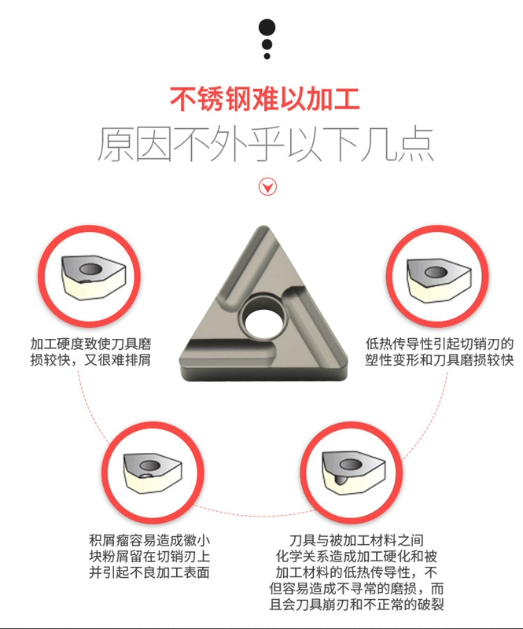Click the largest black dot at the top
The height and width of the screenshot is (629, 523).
pos(267,28)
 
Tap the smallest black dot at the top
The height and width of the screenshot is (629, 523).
pos(267,56)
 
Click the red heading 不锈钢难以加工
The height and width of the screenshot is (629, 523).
pos(265,99)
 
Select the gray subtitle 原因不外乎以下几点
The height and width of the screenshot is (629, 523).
pos(265,145)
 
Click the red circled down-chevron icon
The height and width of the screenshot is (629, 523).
pos(267,186)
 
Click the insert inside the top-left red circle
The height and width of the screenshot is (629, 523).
pos(93,278)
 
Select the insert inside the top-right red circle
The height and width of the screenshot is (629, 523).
pos(438,280)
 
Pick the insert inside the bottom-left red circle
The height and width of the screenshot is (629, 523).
pos(153,473)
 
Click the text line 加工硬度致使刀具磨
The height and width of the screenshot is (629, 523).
pos(90,344)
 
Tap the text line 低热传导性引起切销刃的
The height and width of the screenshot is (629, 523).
pos(440,344)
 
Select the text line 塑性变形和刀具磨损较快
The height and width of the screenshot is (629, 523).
pos(440,360)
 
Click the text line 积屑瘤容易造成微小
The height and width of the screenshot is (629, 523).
pos(149,540)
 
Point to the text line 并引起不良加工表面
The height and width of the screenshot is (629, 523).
pos(149,572)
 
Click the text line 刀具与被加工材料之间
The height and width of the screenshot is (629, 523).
pos(356,540)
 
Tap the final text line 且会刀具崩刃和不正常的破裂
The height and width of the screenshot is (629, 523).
pos(356,605)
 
